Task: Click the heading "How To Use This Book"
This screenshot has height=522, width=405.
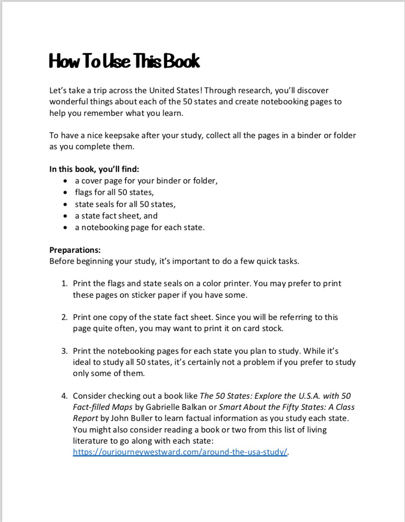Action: (124, 61)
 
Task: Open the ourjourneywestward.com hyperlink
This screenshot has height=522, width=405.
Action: (180, 452)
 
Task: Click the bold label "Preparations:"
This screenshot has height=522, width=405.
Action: (75, 250)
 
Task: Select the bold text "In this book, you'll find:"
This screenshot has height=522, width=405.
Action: (94, 169)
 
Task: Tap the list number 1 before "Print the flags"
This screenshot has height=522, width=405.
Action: (64, 284)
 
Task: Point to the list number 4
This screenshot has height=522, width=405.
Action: (64, 396)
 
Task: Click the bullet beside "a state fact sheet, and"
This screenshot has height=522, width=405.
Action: (65, 216)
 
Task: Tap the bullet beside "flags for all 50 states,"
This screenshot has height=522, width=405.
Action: (65, 193)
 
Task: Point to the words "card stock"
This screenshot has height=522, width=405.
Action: (264, 329)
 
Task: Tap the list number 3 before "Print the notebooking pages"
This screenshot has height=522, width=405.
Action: (64, 351)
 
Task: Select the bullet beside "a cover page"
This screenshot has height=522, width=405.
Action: (65, 181)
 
